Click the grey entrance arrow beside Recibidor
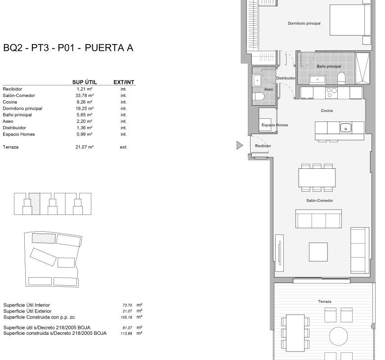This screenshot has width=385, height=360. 239,145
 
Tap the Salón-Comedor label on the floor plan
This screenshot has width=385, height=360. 319,201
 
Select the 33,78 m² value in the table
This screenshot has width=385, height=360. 85,95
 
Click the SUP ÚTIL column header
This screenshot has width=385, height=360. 85,82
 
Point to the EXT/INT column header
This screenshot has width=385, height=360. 124,82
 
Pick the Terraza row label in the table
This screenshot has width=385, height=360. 10,147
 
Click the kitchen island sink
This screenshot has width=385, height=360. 345,128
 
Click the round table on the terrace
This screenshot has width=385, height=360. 338,336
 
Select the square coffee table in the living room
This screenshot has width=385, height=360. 318,252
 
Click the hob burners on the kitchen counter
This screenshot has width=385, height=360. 331,93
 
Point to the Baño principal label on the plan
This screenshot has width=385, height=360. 329,66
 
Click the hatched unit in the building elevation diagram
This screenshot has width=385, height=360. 35,204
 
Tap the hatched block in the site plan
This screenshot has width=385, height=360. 44,238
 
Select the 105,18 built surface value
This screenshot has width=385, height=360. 126,317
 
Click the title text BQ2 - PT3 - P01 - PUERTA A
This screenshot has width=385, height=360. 68,48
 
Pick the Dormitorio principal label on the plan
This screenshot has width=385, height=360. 304,23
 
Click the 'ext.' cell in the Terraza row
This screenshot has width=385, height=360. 124,147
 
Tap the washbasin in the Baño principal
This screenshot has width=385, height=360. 317,80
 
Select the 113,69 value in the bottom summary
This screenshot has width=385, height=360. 126,333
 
